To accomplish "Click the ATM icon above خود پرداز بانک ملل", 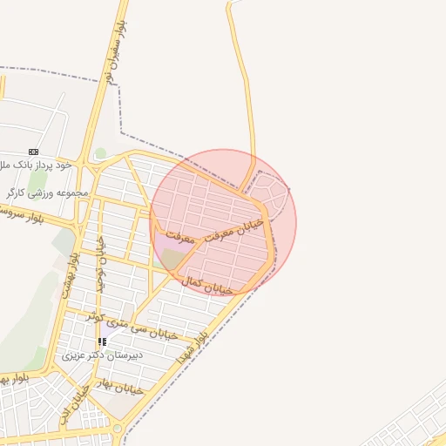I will [x=33, y=152].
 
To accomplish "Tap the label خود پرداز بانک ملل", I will [x=36, y=165].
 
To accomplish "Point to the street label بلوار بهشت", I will [x=70, y=272].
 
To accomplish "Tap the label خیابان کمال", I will [x=208, y=284].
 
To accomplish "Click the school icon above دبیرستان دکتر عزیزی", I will [x=102, y=342].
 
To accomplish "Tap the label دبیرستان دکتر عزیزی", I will [x=103, y=355].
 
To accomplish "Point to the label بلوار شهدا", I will [x=193, y=346].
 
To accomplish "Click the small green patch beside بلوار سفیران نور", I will [x=101, y=153].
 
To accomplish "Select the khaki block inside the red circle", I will [x=173, y=259].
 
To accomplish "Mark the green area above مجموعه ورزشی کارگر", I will [x=38, y=179].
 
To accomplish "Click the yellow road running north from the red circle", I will [x=246, y=87].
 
